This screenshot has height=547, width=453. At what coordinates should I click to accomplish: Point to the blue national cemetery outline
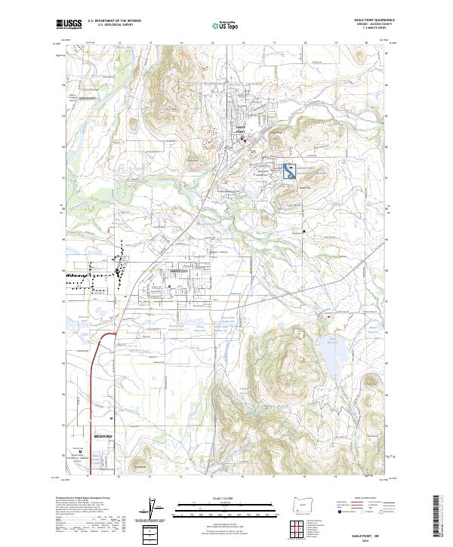[x=289, y=172]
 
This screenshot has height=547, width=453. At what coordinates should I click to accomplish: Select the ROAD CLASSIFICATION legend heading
[x=360, y=499]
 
